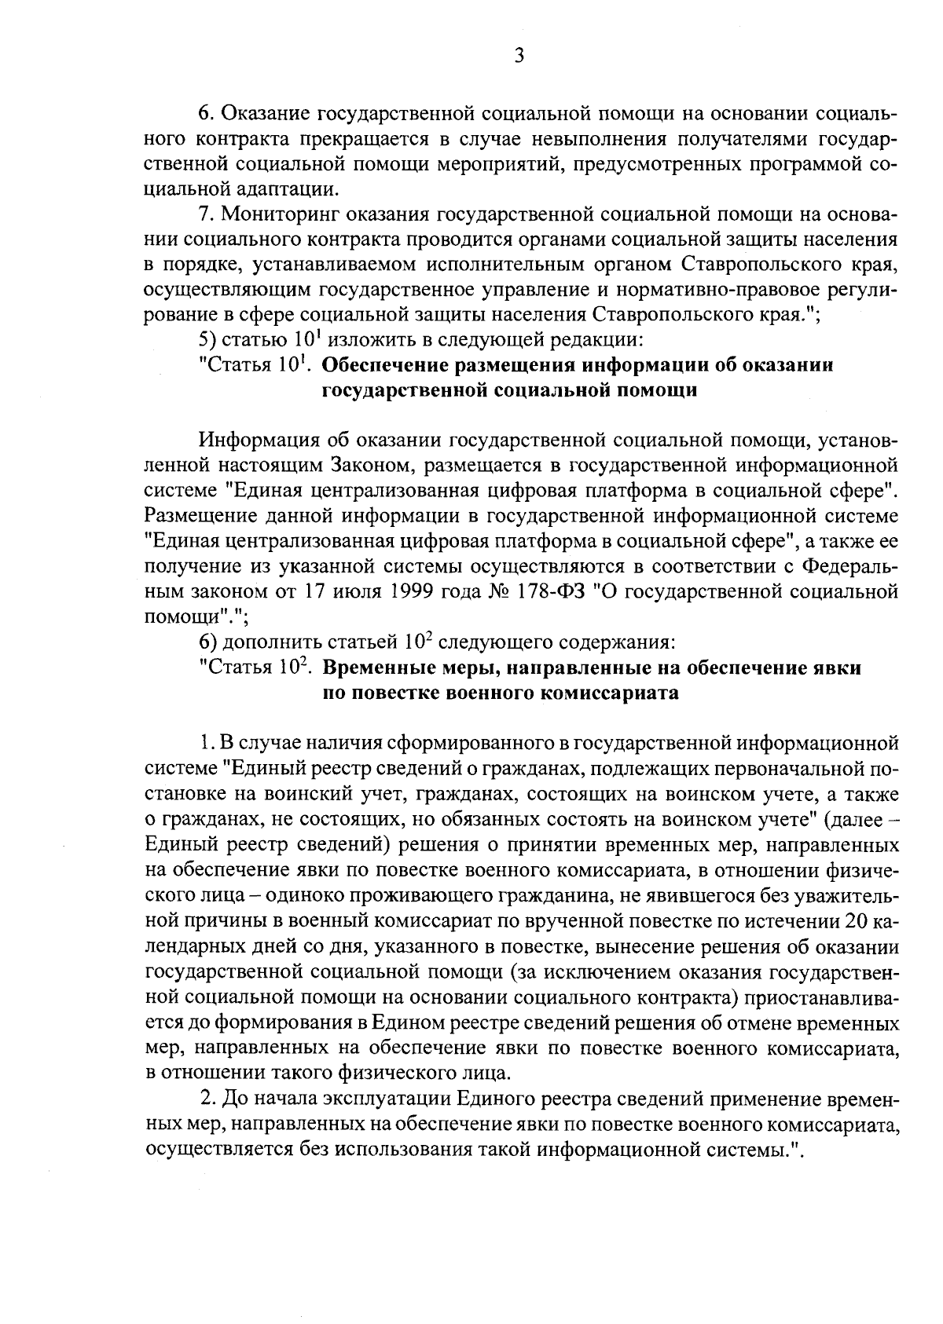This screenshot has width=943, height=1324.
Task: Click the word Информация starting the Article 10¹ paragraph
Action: pyautogui.click(x=262, y=440)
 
